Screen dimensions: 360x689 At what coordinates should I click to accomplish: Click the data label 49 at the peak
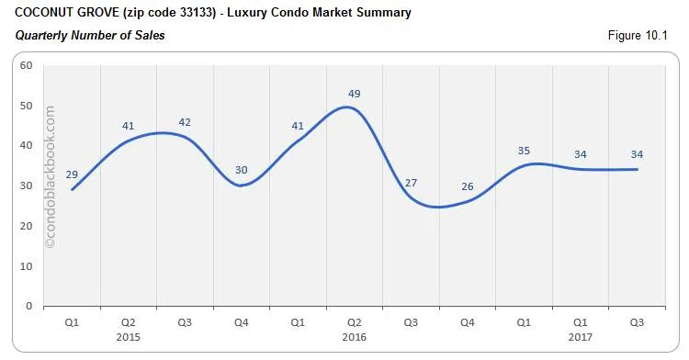(x=354, y=94)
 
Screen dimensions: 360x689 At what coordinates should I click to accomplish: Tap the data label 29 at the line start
(x=72, y=174)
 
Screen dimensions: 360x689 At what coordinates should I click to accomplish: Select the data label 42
(x=185, y=122)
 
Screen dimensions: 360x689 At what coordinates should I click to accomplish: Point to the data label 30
(x=241, y=170)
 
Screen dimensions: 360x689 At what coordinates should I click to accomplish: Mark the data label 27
(x=411, y=182)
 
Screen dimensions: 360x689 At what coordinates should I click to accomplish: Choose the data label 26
(x=467, y=186)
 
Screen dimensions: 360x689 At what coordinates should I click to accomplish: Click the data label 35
(x=524, y=151)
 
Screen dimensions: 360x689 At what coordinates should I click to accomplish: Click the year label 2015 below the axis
(x=128, y=337)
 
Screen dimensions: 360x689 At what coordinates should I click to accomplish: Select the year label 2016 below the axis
(x=354, y=337)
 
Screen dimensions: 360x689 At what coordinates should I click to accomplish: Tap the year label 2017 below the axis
(x=580, y=337)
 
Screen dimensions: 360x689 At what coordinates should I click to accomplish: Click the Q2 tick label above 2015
(x=128, y=323)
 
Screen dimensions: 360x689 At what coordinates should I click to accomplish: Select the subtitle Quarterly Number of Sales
(x=89, y=35)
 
